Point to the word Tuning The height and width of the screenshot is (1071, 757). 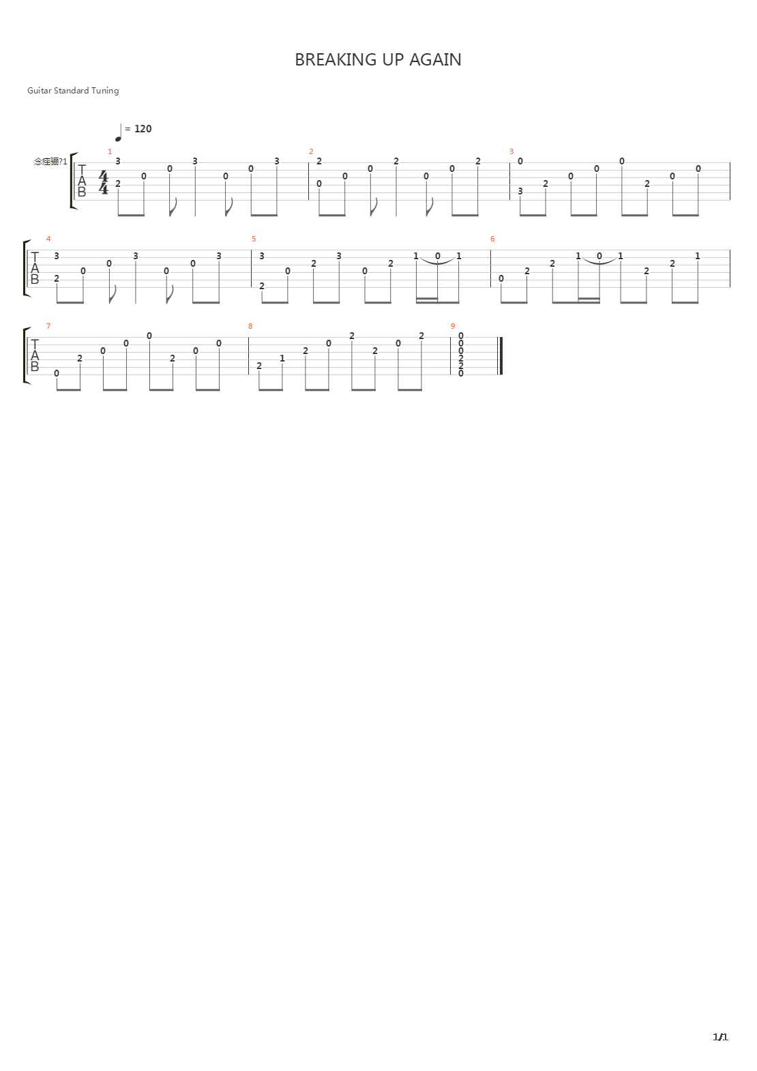tap(106, 91)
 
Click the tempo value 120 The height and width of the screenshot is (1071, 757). tap(143, 128)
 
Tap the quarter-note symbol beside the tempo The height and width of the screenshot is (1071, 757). tap(119, 132)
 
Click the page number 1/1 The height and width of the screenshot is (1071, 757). tap(720, 1038)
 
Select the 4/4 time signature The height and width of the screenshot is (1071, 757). tap(104, 183)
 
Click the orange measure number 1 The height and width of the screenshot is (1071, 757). tap(110, 151)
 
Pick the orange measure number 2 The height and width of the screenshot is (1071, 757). tap(311, 151)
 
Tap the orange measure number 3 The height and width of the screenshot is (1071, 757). tap(511, 151)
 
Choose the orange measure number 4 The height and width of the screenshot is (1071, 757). tap(48, 239)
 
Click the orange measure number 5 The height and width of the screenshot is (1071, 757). tap(254, 239)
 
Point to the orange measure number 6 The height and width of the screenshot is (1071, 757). tap(492, 239)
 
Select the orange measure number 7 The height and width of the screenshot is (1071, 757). tap(48, 326)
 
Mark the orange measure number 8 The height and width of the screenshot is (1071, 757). tap(250, 326)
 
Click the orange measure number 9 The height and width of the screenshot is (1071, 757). tap(453, 326)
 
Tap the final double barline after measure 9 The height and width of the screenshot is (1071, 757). tap(501, 355)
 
